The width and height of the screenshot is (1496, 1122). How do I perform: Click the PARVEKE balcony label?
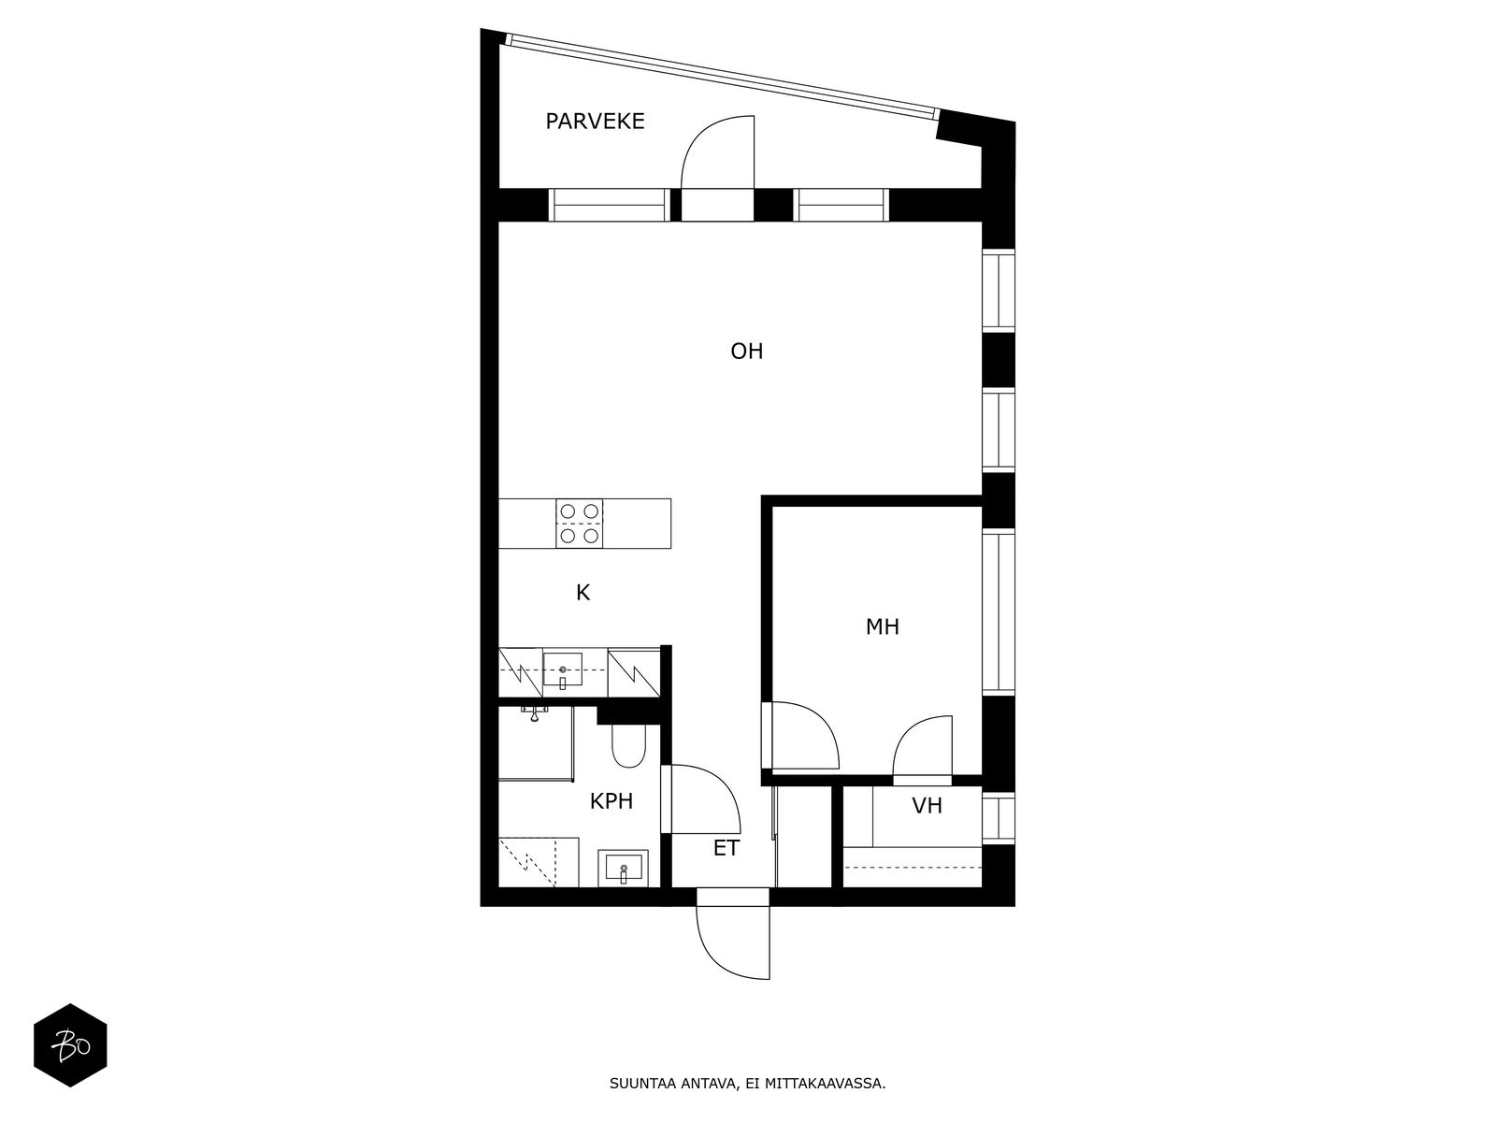click(595, 122)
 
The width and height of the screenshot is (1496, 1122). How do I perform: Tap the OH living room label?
click(746, 352)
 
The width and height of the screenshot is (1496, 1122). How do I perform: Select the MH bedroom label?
click(882, 626)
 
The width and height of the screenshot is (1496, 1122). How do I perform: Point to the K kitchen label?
click(583, 593)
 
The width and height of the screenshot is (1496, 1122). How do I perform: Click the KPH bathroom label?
click(611, 801)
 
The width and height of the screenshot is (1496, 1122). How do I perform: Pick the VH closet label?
click(927, 806)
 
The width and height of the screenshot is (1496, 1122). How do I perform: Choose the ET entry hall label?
click(726, 848)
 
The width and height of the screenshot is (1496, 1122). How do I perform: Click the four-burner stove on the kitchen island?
click(580, 524)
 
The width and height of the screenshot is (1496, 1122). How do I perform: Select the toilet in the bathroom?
click(628, 746)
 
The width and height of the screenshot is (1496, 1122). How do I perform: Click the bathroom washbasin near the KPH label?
click(623, 869)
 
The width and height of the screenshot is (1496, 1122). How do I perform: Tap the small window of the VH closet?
click(999, 818)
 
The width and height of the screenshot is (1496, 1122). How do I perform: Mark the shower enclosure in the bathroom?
click(536, 743)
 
